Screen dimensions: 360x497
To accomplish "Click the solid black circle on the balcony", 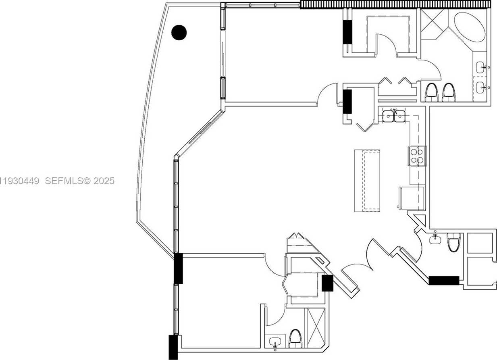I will coord(179,33).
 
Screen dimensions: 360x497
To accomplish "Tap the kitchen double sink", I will coord(394,116).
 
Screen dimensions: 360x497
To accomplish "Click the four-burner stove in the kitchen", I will coord(417,156).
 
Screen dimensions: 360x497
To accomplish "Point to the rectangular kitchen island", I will coord(367,180).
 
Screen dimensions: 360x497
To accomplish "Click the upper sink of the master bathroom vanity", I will coord(481,67).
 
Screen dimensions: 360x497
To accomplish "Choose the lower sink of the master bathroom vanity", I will coord(481,86).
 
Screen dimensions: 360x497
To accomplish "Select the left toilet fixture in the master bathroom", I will coord(431,92).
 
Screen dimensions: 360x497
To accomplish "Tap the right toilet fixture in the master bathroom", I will coord(448,92).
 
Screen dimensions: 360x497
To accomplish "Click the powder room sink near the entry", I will coord(435,239).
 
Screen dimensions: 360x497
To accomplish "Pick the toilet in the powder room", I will coord(453,242).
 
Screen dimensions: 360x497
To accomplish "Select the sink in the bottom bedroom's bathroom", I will coord(276,342).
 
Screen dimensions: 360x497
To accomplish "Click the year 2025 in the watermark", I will coord(104,181).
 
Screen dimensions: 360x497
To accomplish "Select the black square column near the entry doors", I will coord(327,283).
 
